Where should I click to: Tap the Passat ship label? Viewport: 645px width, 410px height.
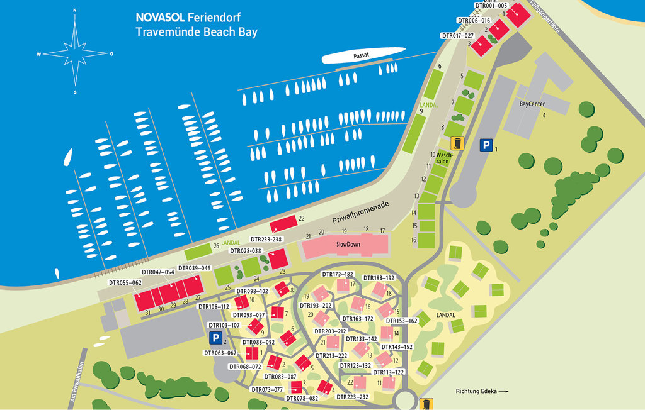coord(361,56)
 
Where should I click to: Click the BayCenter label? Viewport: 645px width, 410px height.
coord(532,104)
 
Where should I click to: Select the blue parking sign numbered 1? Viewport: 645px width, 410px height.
coord(486,145)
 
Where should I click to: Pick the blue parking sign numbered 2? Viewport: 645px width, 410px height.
coord(215,338)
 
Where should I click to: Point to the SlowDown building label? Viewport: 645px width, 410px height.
coord(348,243)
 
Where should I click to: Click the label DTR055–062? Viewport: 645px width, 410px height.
coord(124,282)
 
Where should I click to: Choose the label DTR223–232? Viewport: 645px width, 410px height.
coord(353,397)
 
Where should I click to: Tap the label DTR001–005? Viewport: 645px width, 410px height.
coord(491,5)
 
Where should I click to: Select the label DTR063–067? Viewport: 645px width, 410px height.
coord(220,353)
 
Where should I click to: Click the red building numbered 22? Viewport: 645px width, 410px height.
coord(283,224)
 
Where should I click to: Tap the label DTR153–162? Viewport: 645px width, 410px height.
coord(402,321)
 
